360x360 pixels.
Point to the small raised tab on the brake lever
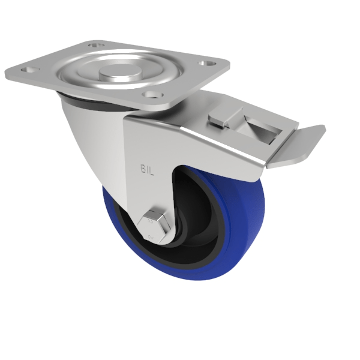click(x=217, y=119)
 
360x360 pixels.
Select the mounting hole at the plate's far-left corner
click(x=28, y=70)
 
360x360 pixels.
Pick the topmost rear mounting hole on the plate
click(x=94, y=45)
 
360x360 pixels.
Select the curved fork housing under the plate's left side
click(x=90, y=138)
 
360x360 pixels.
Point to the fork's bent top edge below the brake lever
click(x=198, y=141)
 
